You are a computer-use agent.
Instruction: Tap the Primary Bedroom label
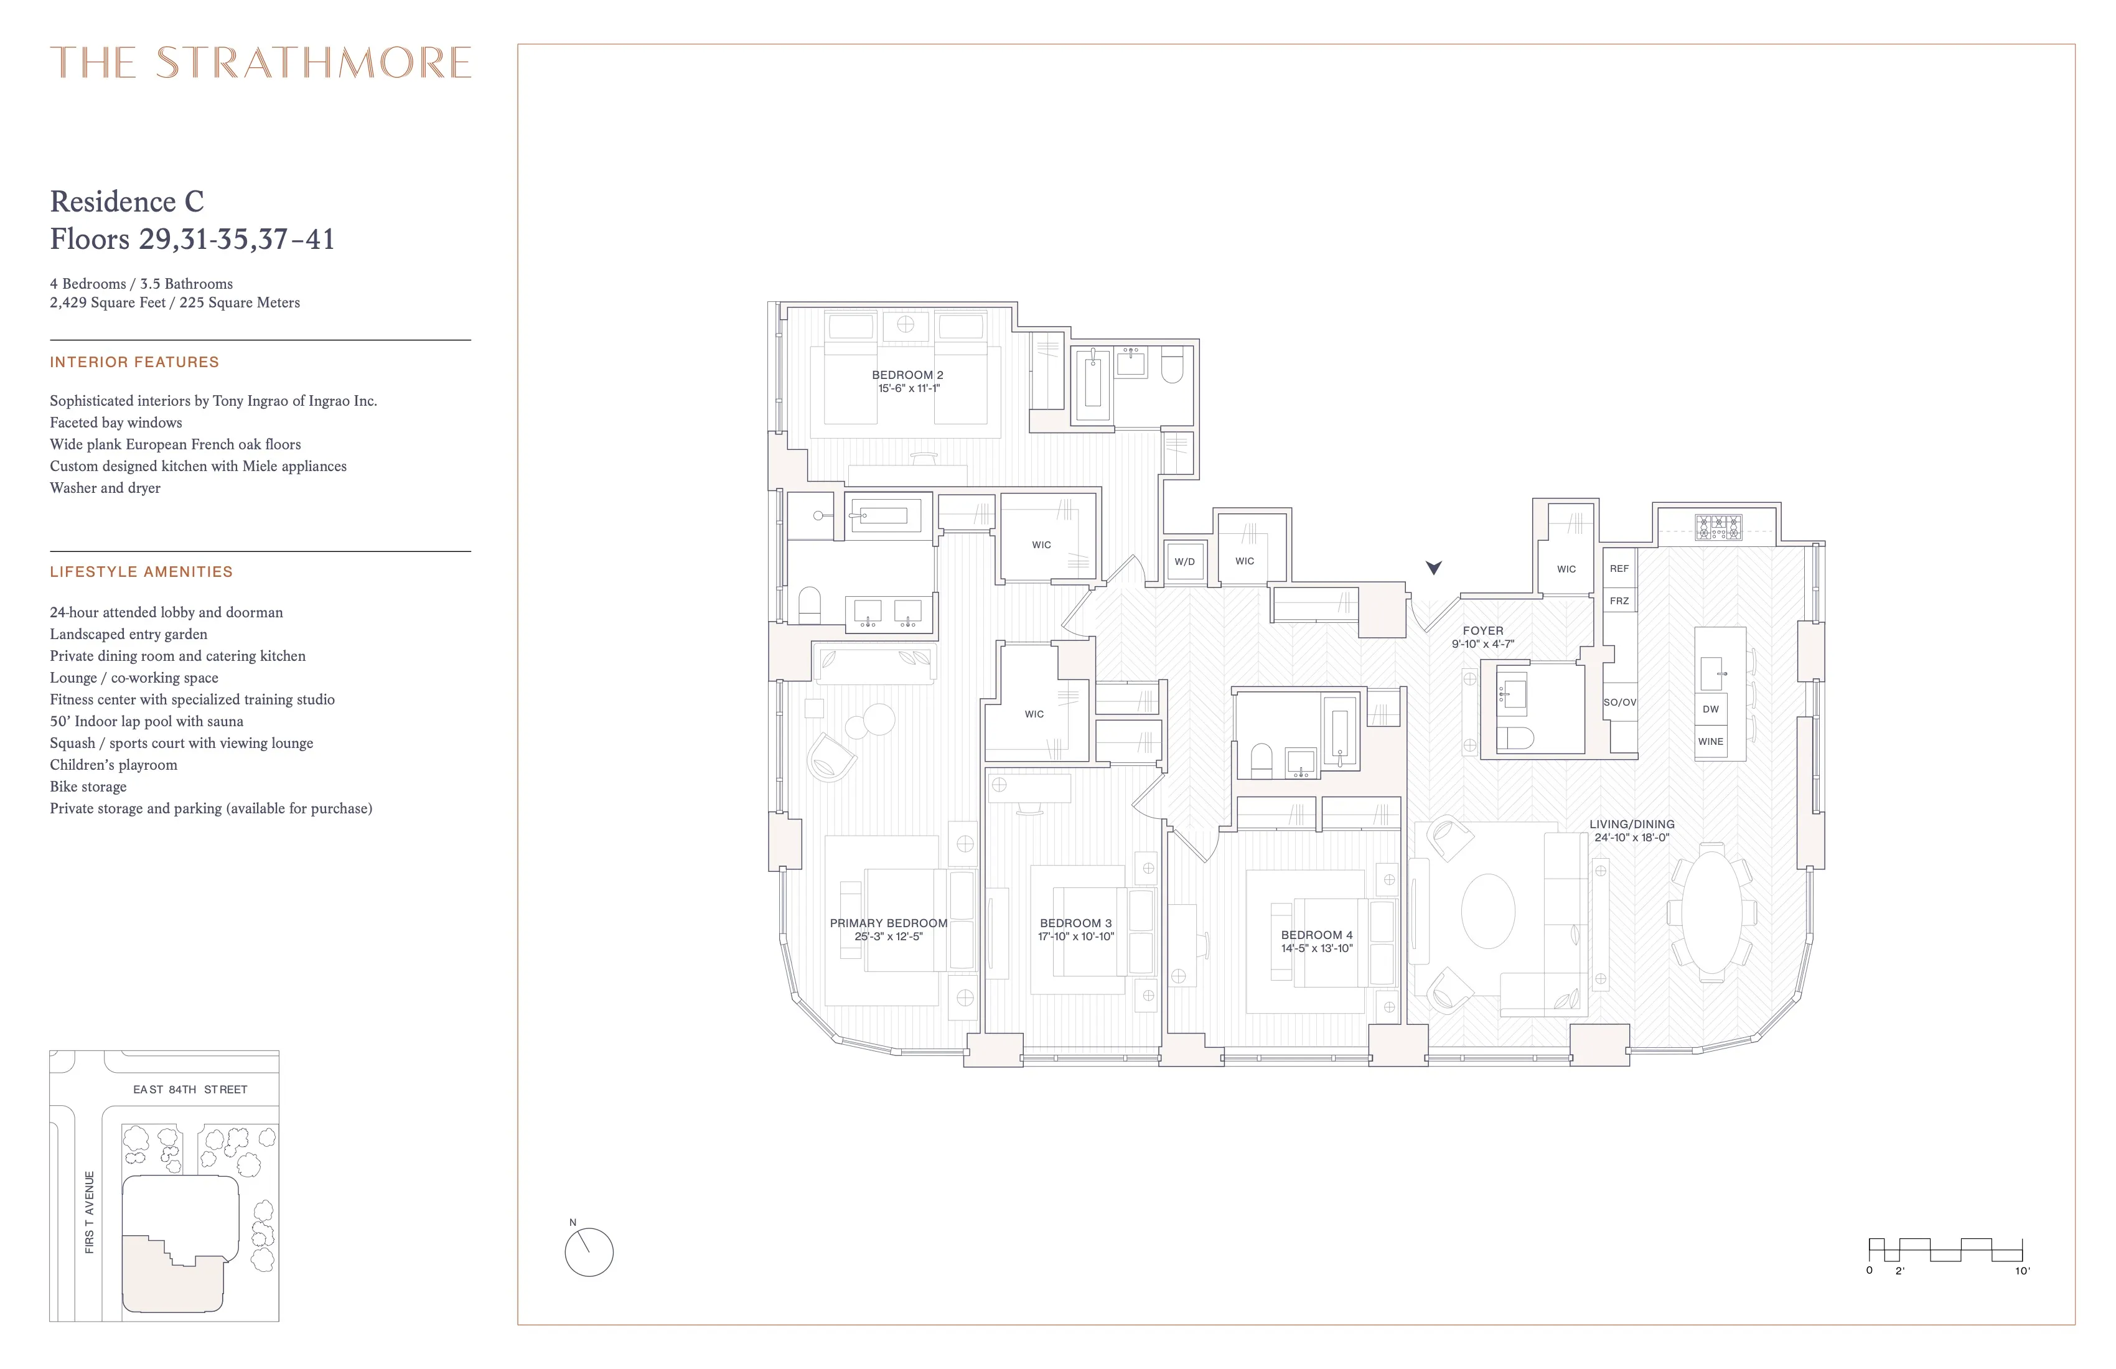888,923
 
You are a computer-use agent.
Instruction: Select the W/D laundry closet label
1184,562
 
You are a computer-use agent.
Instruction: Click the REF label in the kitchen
1619,568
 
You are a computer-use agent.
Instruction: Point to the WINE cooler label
1710,741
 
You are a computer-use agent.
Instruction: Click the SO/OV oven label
1619,703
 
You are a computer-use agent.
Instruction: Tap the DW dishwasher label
1710,709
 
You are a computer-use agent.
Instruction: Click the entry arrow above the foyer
1433,567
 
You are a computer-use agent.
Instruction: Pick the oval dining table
1711,913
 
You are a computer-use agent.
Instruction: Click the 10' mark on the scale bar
2022,1270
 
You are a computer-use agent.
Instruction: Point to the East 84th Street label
190,1089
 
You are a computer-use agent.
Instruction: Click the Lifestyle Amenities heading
141,572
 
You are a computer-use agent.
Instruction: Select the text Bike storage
88,787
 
